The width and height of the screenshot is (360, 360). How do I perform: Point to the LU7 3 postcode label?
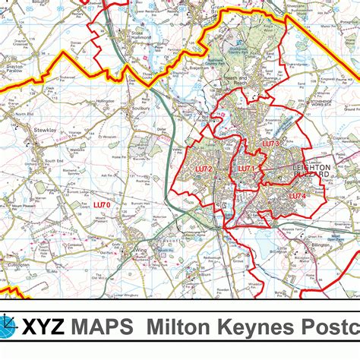tap(272, 144)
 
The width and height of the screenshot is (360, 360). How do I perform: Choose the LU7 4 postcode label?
tap(297, 196)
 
